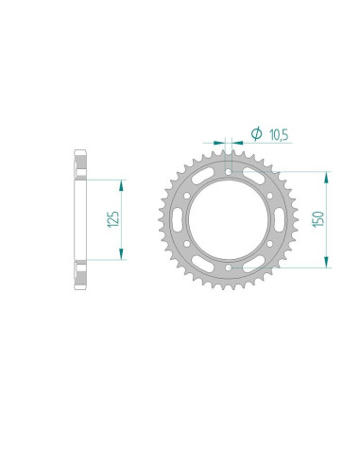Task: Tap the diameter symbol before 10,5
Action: tap(253, 133)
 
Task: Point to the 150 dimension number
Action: tap(318, 219)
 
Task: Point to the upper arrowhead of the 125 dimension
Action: tap(121, 183)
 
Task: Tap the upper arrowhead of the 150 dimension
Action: tap(327, 176)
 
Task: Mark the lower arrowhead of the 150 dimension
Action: tap(327, 264)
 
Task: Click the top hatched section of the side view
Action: tap(79, 166)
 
